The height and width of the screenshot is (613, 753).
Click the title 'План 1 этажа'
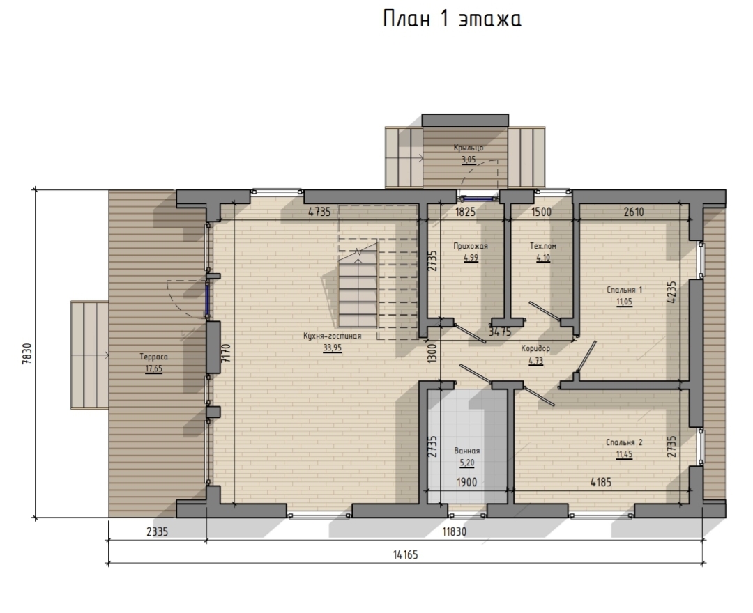pos(452,20)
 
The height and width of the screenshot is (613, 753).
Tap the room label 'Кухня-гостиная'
pos(333,336)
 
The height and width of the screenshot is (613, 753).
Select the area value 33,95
pos(333,348)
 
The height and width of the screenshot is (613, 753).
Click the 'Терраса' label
pos(153,357)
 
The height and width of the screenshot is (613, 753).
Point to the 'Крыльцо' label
pos(469,148)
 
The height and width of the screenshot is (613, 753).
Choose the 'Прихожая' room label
pos(471,246)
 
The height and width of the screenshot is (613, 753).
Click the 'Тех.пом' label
pos(543,246)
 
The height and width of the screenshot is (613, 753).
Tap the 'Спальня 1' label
pos(624,290)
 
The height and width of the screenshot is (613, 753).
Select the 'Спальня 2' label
pos(624,442)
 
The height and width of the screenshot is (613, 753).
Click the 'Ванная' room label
pos(466,451)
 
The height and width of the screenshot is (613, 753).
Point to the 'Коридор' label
pos(535,349)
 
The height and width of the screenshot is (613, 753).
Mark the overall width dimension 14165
pos(406,555)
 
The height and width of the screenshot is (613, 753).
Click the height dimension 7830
pos(27,353)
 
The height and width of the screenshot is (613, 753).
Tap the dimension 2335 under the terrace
pos(157,532)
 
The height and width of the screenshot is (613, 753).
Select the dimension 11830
pos(455,532)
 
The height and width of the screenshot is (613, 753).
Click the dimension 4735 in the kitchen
pos(319,212)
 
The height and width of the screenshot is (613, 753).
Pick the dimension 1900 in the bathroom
pos(466,482)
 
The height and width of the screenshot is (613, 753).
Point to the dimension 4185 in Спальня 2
pos(601,482)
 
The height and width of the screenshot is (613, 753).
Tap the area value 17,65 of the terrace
pos(153,369)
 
